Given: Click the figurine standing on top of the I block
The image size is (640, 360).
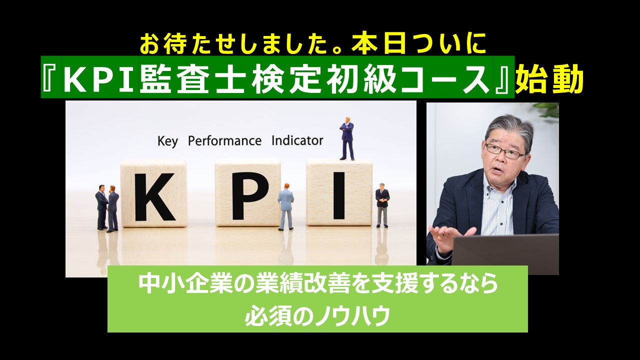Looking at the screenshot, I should coord(346,138).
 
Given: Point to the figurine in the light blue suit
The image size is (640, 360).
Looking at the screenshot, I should coord(285,206).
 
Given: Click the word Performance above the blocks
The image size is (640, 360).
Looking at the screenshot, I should coord(224,141).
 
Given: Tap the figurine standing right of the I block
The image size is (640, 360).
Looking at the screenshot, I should coord(382,204).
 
